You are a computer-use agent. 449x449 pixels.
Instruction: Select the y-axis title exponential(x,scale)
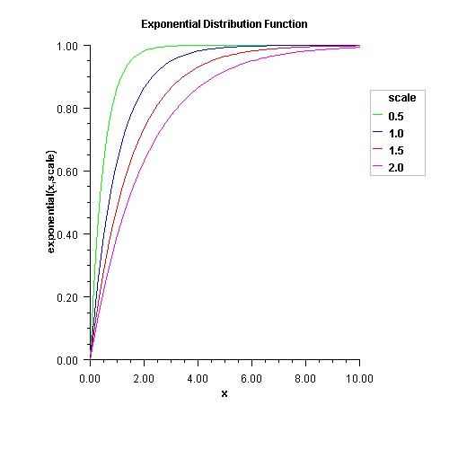(52, 203)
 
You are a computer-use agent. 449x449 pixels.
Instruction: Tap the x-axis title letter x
(224, 393)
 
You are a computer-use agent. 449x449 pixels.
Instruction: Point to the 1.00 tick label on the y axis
(67, 46)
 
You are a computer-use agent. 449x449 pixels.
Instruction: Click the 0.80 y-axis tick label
(67, 109)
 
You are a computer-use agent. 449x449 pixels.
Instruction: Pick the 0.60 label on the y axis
(67, 172)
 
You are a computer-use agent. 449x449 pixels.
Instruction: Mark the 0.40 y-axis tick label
(67, 234)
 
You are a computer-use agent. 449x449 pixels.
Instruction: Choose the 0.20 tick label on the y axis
(67, 297)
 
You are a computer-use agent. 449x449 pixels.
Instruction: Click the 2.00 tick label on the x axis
(144, 378)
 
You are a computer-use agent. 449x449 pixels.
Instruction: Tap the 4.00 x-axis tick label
(198, 378)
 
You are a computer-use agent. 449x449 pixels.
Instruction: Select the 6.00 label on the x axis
(251, 378)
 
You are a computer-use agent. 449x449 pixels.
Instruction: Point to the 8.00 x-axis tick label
(305, 378)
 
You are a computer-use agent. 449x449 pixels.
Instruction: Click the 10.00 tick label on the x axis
(359, 378)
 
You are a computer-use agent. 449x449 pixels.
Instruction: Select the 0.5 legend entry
(397, 116)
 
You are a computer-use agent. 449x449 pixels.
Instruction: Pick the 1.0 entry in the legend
(397, 133)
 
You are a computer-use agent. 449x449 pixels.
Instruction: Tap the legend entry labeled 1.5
(397, 150)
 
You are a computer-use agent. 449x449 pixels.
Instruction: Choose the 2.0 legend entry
(397, 167)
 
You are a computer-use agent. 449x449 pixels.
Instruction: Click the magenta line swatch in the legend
(378, 167)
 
